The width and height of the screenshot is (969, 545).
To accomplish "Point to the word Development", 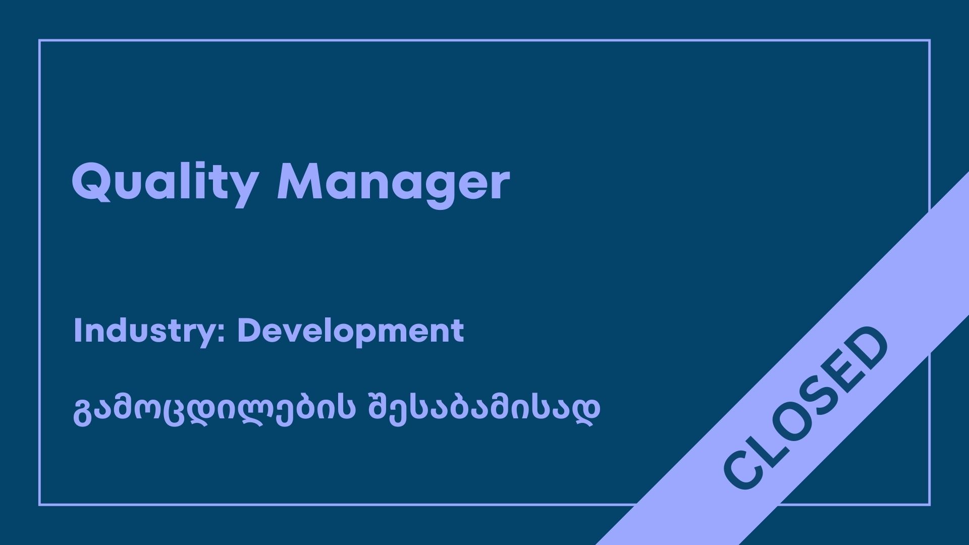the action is (351, 332).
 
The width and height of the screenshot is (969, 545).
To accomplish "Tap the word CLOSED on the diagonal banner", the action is (806, 408).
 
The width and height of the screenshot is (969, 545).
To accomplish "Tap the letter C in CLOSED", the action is (742, 469).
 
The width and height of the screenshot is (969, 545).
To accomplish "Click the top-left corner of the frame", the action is (39, 40).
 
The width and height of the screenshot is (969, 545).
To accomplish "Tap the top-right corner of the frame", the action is (930, 40).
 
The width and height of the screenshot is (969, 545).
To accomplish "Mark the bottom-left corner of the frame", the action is (39, 505).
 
